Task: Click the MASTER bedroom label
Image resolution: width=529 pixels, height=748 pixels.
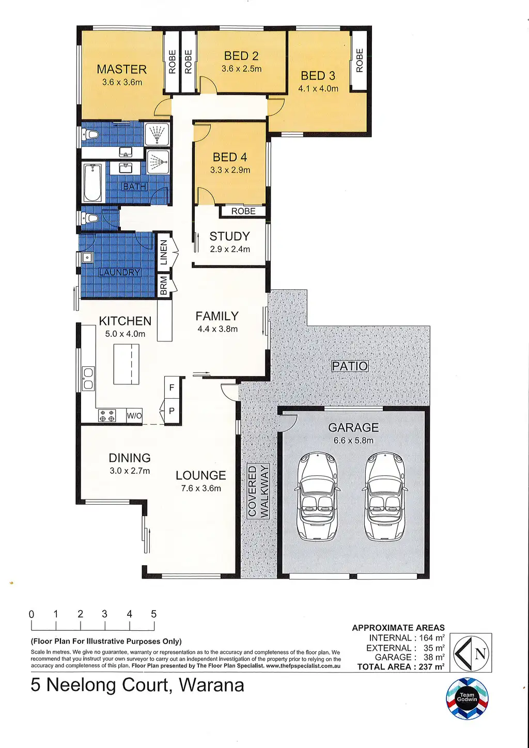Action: (122, 69)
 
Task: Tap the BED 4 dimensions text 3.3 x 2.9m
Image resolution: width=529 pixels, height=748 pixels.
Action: (230, 170)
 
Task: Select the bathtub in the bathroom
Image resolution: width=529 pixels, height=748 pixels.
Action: (92, 182)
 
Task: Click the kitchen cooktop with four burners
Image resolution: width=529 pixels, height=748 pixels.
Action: (107, 415)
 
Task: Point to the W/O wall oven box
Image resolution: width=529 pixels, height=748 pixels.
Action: (134, 416)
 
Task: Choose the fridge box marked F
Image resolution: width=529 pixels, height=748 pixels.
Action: (172, 387)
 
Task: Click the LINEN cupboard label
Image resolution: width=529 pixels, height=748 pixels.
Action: (164, 252)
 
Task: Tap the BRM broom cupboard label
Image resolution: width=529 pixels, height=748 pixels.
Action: (164, 285)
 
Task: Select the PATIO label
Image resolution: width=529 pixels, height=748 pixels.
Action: (350, 366)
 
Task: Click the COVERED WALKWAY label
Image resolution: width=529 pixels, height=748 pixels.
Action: (258, 491)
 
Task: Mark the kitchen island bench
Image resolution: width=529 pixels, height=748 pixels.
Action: (126, 365)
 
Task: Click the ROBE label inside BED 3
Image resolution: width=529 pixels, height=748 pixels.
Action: (360, 60)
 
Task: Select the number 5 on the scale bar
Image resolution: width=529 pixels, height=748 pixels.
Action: (153, 614)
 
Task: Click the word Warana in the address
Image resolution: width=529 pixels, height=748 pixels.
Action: (212, 685)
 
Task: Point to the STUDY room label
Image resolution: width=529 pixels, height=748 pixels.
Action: (230, 236)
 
